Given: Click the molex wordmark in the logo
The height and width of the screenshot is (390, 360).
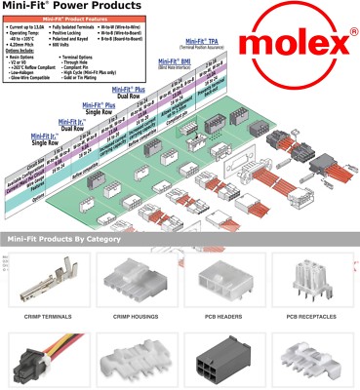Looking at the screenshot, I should (301, 45).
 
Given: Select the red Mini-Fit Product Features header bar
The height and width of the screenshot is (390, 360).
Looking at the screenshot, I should (91, 19).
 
